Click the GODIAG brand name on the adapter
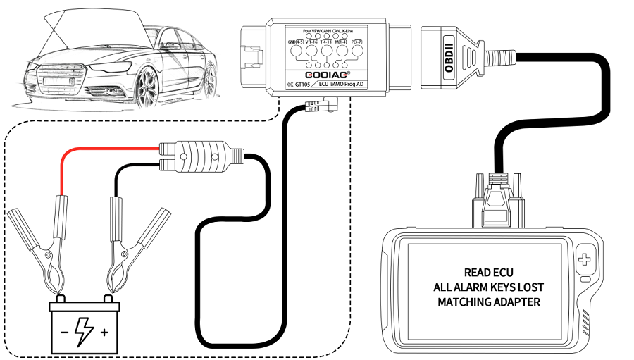click(324, 73)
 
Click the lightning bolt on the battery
click(84, 328)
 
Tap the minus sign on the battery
click(63, 329)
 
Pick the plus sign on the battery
click(105, 330)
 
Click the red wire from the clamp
click(106, 149)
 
